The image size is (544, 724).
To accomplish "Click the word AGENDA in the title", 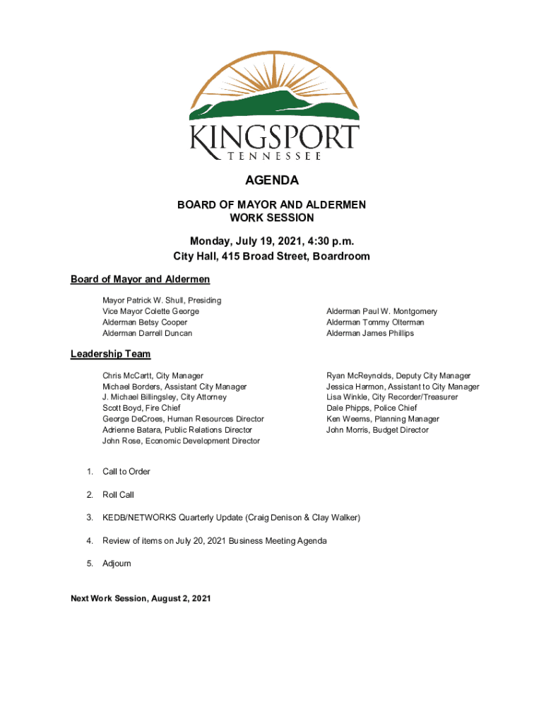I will pos(271,180).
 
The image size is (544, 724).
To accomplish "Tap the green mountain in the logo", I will pos(276,106).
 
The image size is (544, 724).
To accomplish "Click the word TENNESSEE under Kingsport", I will pos(275,156).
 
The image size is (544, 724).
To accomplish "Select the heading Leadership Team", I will pos(110,354).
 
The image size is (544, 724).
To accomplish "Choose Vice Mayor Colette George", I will pos(150,311).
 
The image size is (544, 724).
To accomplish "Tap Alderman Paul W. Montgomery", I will pos(382,311).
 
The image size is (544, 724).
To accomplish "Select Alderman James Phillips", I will pos(370,333).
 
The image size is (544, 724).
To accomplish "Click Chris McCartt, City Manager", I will pos(153,376).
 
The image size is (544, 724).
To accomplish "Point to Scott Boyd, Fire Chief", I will pos(141,408).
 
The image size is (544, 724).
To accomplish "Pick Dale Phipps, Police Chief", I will pos(372,408).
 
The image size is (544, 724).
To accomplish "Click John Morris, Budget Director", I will pos(377,430).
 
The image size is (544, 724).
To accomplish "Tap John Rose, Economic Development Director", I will pos(181,441).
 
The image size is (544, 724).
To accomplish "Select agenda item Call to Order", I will pos(126,472).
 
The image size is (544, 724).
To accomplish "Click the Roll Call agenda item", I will pos(118,495).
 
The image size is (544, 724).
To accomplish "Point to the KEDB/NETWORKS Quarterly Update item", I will pos(231,518).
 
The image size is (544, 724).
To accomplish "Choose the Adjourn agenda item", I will pos(117,564).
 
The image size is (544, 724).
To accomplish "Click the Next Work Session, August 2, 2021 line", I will pos(141,599).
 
